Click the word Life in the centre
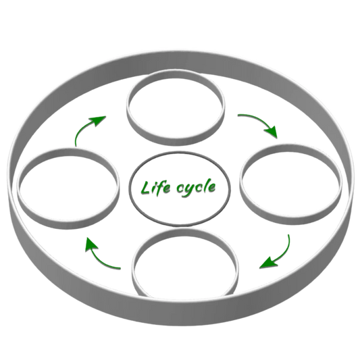click(x=155, y=188)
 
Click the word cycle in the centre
click(x=196, y=188)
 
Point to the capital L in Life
click(x=145, y=188)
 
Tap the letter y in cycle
click(x=190, y=190)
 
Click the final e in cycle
click(x=212, y=188)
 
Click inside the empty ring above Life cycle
click(x=176, y=108)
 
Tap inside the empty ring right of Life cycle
click(x=291, y=184)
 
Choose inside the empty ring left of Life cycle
click(x=68, y=188)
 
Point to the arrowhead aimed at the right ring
click(x=272, y=132)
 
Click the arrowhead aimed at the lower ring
click(x=267, y=263)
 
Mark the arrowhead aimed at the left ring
click(x=91, y=245)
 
